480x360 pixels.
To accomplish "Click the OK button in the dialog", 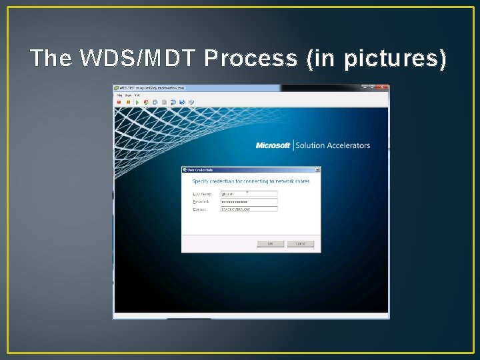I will (270, 244).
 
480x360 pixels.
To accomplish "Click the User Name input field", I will (249, 194).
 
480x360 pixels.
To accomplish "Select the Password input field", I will (249, 201).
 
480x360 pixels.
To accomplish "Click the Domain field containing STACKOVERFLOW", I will (249, 209).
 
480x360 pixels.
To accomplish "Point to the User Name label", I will (201, 194).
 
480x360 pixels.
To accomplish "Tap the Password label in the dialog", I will (201, 201).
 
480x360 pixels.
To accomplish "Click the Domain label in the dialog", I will (199, 209).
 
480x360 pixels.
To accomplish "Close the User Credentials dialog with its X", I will (317, 170).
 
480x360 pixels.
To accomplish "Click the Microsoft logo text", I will (273, 145).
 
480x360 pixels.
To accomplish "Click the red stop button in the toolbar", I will (119, 102).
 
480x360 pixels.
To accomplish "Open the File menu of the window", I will (119, 95).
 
